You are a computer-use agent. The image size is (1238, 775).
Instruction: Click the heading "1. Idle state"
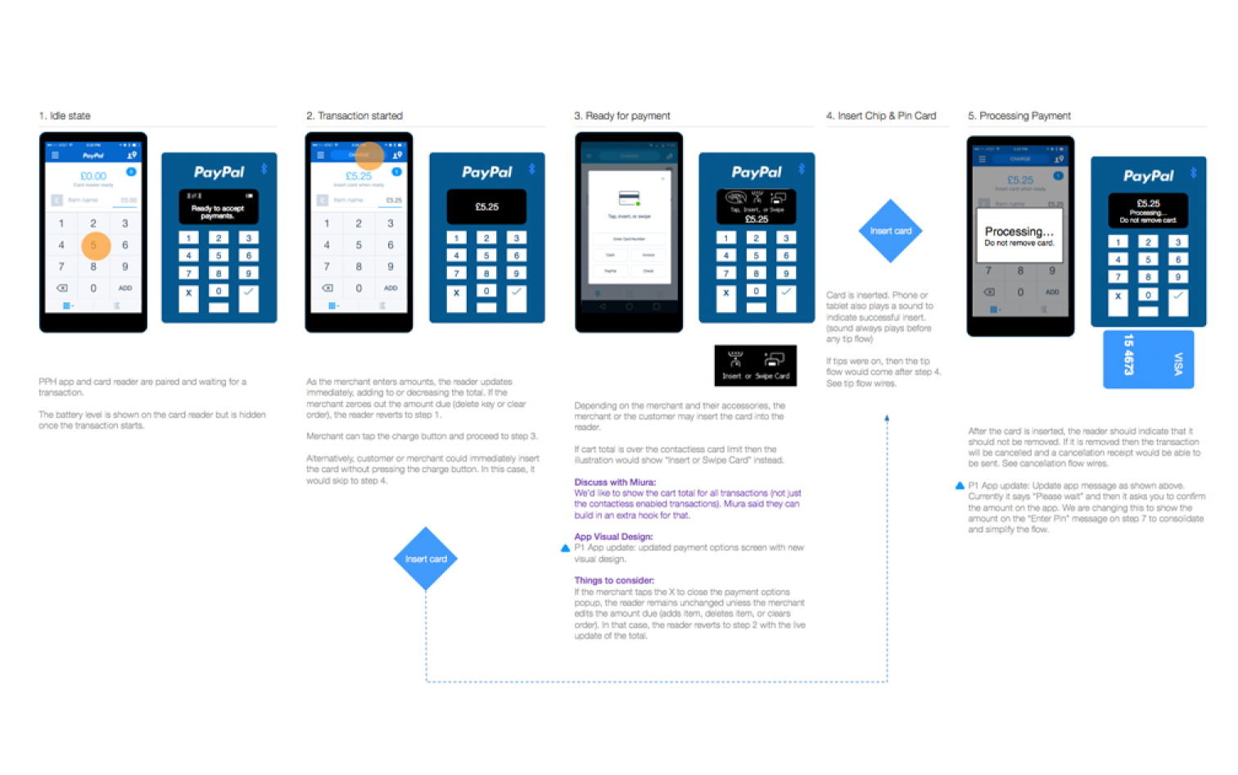(x=65, y=116)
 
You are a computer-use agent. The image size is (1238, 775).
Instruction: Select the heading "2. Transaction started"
(x=355, y=116)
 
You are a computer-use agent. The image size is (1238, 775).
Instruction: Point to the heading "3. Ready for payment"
(x=622, y=116)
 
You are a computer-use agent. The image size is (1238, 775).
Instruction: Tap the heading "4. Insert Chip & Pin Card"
(x=881, y=116)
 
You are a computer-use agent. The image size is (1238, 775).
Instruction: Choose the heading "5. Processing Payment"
(x=1019, y=116)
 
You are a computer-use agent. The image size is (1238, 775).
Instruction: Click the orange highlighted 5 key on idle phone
(x=94, y=245)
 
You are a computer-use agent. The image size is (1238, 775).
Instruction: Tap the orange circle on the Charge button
(x=369, y=155)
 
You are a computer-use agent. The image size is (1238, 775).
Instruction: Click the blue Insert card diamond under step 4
(x=890, y=231)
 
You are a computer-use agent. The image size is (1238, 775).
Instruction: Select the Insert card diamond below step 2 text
(x=426, y=559)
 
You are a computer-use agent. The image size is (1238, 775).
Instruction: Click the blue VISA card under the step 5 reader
(x=1148, y=359)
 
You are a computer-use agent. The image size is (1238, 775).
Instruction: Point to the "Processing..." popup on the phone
(x=1019, y=236)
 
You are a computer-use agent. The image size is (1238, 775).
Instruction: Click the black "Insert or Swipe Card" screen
(x=755, y=365)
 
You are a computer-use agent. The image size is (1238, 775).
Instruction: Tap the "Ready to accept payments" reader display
(x=219, y=207)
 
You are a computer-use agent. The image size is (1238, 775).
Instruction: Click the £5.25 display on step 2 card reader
(x=486, y=206)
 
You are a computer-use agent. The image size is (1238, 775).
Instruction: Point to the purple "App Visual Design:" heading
(x=613, y=537)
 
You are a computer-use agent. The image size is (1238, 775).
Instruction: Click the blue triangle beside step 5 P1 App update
(x=960, y=486)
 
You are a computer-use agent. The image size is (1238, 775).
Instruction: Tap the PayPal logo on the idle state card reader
(x=219, y=172)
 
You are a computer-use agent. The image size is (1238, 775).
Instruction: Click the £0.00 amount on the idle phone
(x=93, y=176)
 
